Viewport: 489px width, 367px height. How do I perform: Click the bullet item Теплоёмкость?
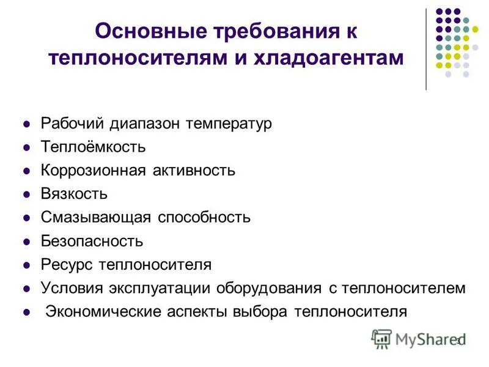(x=93, y=147)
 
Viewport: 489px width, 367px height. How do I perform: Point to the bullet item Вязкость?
(x=74, y=194)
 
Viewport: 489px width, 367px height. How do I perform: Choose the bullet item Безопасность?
(x=92, y=241)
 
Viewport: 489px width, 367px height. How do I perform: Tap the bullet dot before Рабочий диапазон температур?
(x=26, y=124)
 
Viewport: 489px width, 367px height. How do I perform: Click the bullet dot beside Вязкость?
(x=26, y=195)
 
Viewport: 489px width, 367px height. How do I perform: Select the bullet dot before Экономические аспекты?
(x=26, y=312)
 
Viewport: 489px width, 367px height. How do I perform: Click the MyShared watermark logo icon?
(x=381, y=339)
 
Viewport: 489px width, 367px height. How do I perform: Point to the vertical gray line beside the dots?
(x=426, y=49)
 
